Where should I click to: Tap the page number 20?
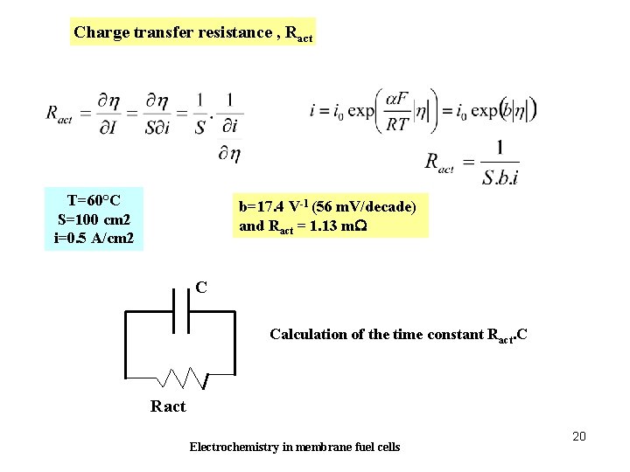tap(578, 435)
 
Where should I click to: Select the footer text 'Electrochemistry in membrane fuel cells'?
tap(295, 448)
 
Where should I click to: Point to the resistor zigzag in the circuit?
tap(182, 378)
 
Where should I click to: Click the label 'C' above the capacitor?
tap(201, 287)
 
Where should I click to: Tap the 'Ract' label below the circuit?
tap(168, 406)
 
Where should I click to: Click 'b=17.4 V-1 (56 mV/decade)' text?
tap(327, 207)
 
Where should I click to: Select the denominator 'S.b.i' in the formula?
tap(500, 177)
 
